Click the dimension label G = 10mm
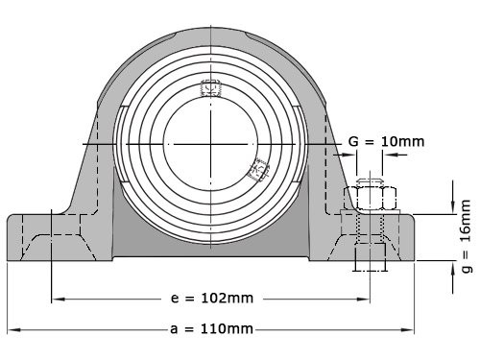[384, 142]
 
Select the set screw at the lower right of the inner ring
[257, 170]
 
